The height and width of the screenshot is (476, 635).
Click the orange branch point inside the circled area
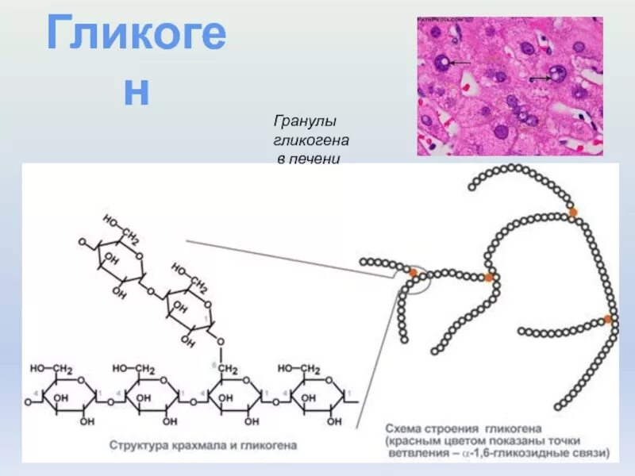(413, 273)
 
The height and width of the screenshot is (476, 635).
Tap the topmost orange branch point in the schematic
(572, 212)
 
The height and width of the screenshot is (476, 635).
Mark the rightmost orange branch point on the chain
(607, 319)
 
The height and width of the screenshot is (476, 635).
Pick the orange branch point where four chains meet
(489, 277)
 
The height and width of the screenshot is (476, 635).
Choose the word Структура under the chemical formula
(137, 446)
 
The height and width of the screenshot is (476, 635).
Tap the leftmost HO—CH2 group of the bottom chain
(52, 369)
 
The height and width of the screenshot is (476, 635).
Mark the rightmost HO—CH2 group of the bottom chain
(299, 369)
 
